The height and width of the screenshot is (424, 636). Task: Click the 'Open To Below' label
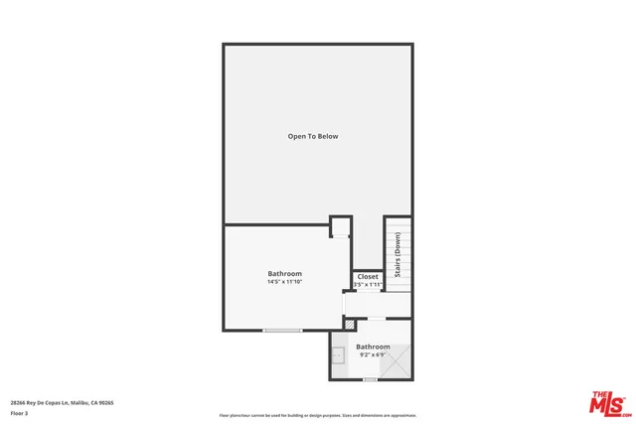[313, 136]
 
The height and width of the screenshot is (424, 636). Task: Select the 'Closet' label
[368, 277]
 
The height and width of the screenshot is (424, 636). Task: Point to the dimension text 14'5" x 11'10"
[284, 282]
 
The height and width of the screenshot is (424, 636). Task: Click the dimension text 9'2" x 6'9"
[373, 354]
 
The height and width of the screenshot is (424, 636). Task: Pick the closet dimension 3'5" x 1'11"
[368, 285]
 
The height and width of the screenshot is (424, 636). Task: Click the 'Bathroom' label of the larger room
[284, 273]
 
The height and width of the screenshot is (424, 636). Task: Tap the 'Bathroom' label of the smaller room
[373, 347]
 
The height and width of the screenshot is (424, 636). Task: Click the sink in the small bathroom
[339, 353]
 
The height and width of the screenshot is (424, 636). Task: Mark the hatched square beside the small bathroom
[349, 324]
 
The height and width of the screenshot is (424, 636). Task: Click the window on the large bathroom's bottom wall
[282, 330]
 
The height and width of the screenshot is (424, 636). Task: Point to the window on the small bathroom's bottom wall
[370, 379]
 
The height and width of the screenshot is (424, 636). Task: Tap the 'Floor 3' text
[20, 412]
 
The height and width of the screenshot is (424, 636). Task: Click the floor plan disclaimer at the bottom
[318, 415]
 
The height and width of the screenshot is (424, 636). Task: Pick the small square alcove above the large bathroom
[340, 227]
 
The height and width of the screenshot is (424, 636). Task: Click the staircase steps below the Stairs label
[397, 276]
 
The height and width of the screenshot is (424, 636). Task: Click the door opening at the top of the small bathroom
[378, 319]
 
